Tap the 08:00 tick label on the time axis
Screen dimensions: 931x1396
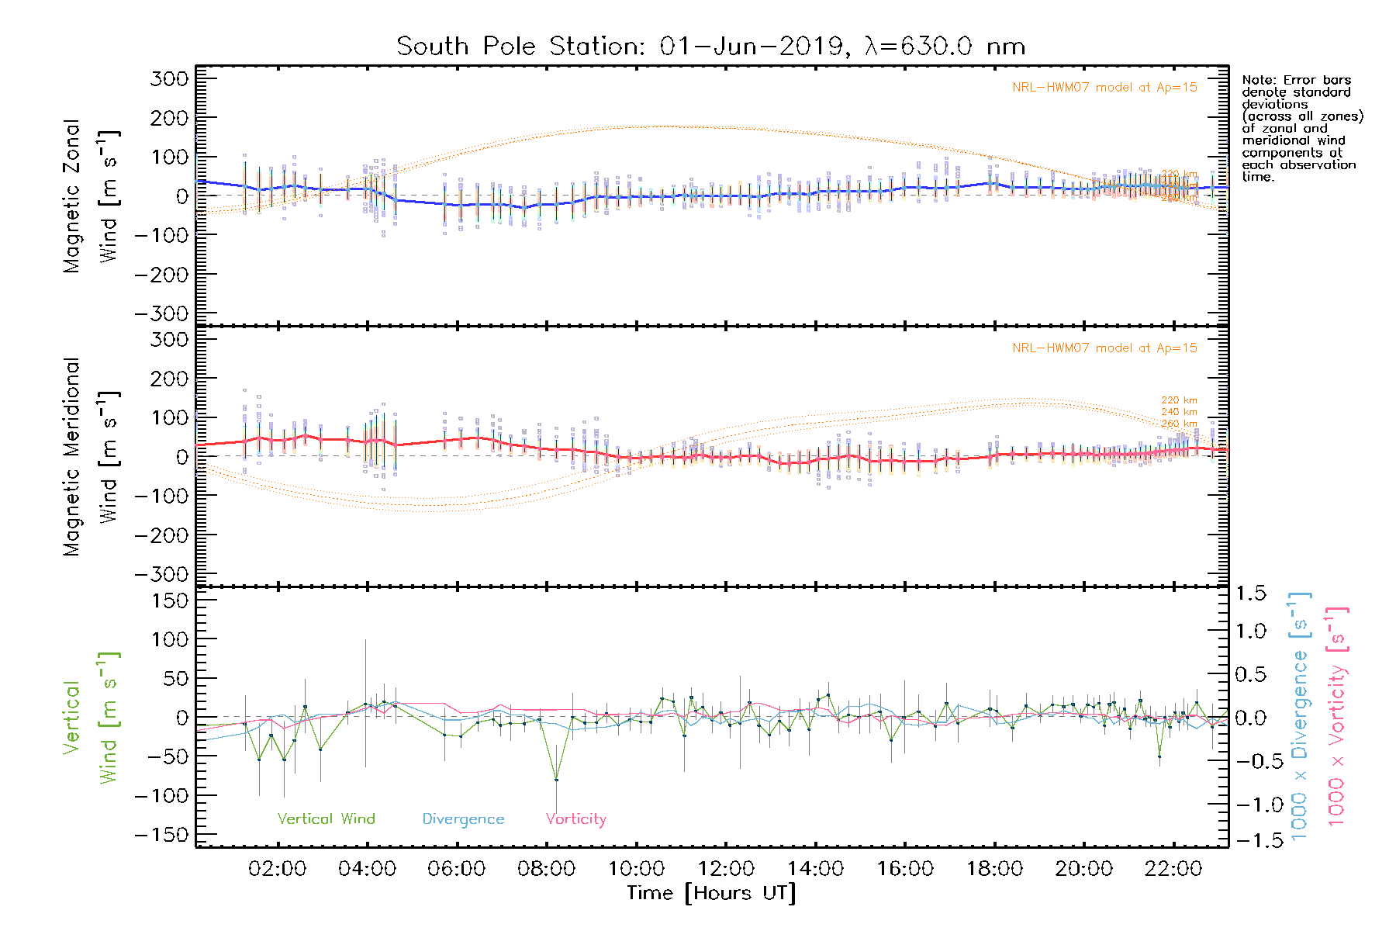546,869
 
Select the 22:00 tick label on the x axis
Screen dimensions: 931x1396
1173,869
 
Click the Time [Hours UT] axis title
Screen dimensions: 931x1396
711,893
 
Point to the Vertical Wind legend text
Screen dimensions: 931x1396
326,819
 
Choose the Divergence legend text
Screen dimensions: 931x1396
463,819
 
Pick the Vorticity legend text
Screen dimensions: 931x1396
575,819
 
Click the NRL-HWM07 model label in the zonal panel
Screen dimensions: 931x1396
1104,88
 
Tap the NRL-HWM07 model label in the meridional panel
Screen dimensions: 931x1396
1104,348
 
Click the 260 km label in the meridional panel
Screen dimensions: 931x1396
1179,424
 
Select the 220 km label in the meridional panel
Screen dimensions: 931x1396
1179,400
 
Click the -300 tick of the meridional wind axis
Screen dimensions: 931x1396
161,574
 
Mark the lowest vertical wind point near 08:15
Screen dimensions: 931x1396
556,780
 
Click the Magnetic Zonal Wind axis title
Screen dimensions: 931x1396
89,196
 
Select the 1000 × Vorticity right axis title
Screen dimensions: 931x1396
1337,717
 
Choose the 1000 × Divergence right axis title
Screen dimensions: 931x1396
1300,717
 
